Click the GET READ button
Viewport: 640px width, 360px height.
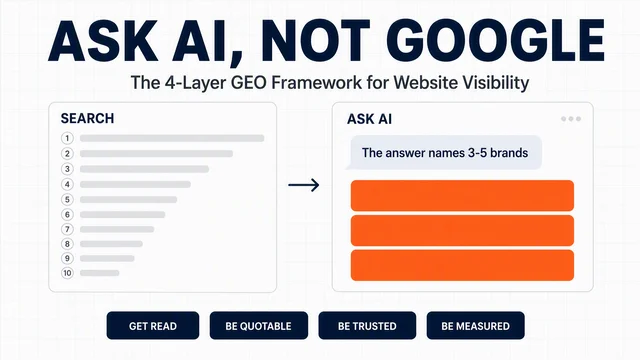click(153, 326)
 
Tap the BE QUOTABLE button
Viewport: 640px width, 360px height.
click(259, 326)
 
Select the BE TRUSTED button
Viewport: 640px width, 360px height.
click(367, 326)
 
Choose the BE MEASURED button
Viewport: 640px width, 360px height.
click(476, 326)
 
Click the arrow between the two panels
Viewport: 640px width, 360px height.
click(304, 185)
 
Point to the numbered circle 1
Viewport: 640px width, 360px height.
click(67, 138)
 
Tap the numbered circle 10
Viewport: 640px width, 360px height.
click(67, 273)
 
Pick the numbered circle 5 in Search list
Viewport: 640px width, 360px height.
click(67, 200)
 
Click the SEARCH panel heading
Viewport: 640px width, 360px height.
click(87, 118)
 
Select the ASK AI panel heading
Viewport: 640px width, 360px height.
click(369, 119)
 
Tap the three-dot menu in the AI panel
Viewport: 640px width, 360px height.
click(571, 119)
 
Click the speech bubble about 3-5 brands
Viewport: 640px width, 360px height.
click(444, 153)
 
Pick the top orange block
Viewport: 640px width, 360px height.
click(462, 196)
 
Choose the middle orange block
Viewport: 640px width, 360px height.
click(462, 231)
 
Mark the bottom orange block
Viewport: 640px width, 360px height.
click(462, 265)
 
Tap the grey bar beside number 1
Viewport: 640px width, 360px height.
click(172, 138)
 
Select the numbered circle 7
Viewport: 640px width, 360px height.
click(67, 229)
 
